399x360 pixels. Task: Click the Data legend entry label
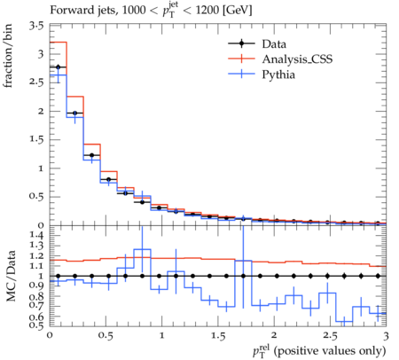point(274,44)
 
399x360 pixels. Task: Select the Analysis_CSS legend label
point(297,59)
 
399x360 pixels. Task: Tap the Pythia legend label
point(278,74)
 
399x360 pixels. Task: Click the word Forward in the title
point(67,10)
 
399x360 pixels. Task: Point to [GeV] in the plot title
point(238,11)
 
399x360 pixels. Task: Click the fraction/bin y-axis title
point(8,56)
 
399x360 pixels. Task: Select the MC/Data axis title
point(11,276)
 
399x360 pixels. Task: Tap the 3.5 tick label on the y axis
point(36,27)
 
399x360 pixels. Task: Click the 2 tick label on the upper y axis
point(41,111)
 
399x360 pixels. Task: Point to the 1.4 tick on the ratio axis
point(36,235)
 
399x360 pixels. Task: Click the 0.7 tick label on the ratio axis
point(36,304)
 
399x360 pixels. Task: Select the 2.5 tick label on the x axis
point(330,336)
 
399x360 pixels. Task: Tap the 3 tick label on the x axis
point(386,336)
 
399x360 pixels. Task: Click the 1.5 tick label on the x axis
point(218,336)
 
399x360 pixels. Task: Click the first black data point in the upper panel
point(58,67)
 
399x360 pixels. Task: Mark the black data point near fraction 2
point(75,113)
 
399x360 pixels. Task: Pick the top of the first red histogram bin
point(59,43)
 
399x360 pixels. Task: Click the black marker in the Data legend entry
point(241,43)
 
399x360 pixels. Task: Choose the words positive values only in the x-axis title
point(330,351)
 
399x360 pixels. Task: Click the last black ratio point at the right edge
point(378,276)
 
